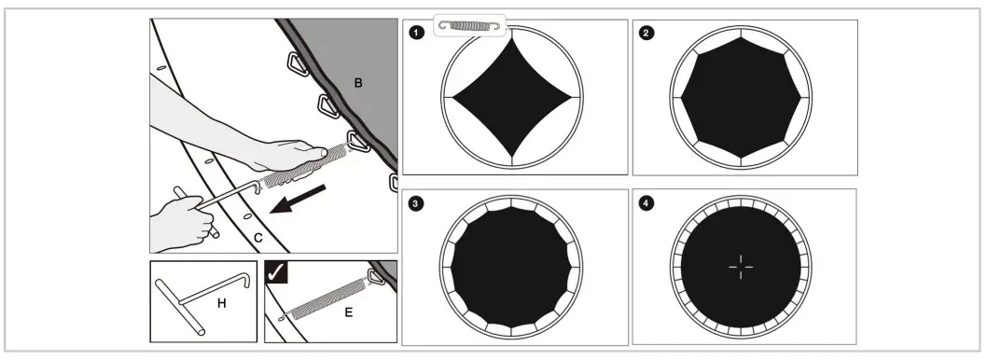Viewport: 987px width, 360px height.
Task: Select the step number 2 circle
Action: pyautogui.click(x=646, y=33)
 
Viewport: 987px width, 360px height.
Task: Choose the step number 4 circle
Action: pyautogui.click(x=646, y=202)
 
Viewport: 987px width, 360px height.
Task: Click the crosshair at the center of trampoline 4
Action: pyautogui.click(x=741, y=267)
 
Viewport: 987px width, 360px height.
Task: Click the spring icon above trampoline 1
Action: pyautogui.click(x=469, y=25)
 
